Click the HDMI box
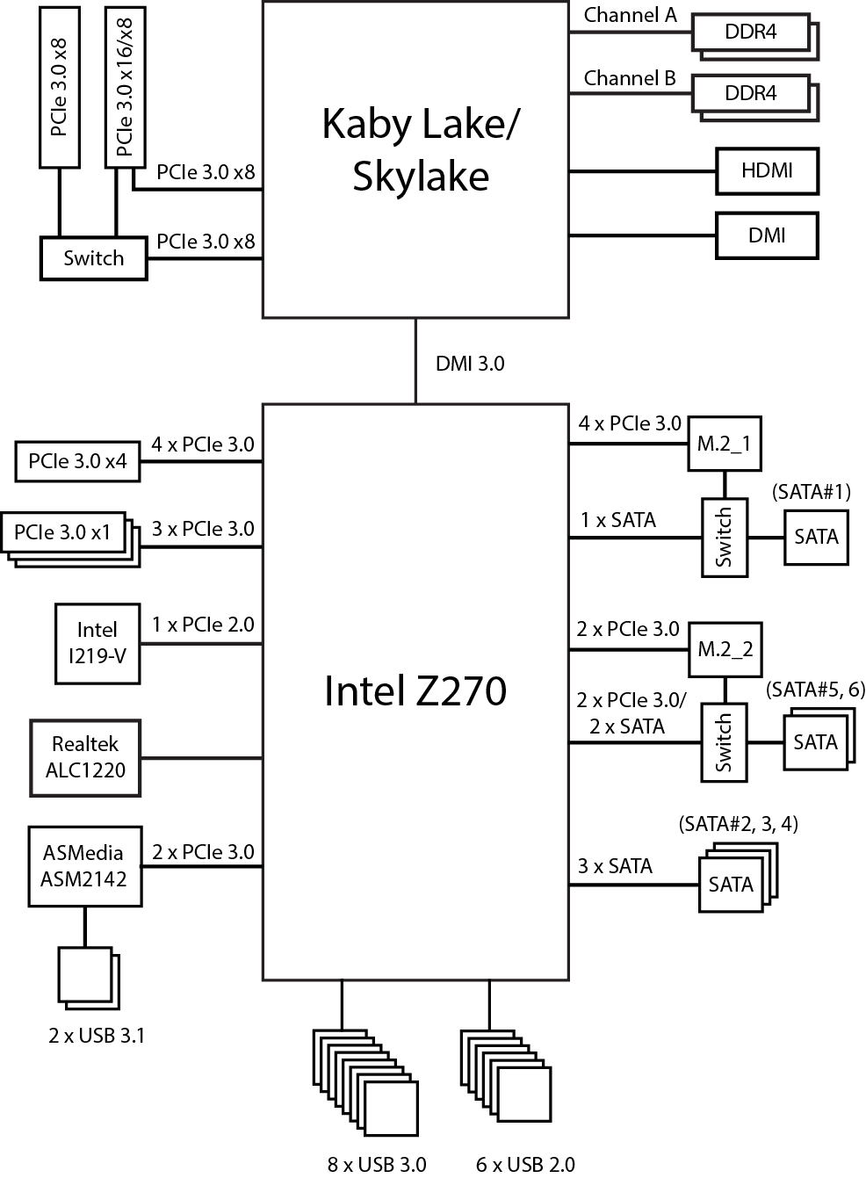(x=767, y=170)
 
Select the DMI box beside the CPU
(x=767, y=235)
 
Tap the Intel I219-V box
(x=97, y=642)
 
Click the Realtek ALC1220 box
(x=85, y=757)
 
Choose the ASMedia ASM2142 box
(x=84, y=866)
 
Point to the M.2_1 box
(x=724, y=444)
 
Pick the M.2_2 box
(x=724, y=650)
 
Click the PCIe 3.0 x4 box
(x=77, y=461)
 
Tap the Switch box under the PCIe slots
(x=93, y=258)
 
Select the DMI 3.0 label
(x=470, y=364)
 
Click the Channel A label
(x=630, y=15)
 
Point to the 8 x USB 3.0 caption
(x=377, y=1164)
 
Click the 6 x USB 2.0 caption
(x=525, y=1164)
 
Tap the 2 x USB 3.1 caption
(x=97, y=1036)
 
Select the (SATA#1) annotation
(x=811, y=492)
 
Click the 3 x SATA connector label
(x=615, y=866)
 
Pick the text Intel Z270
(x=415, y=690)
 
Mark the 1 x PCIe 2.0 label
(x=203, y=625)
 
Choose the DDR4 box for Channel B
(x=751, y=93)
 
